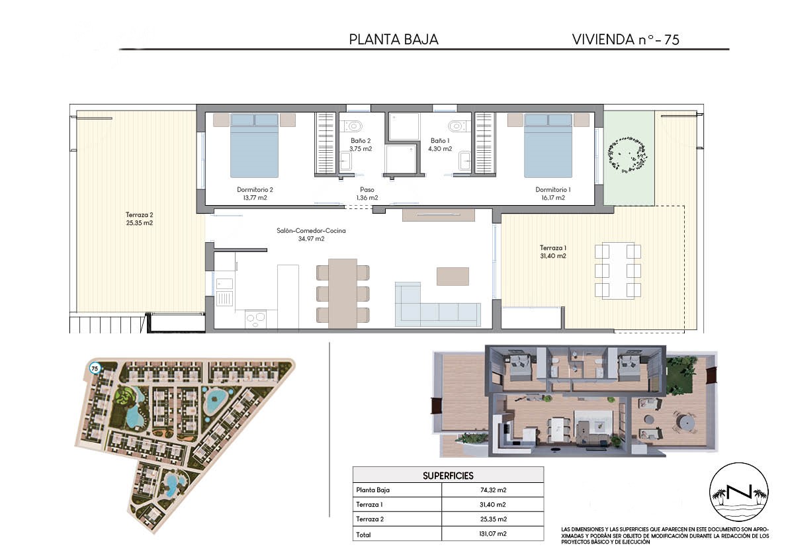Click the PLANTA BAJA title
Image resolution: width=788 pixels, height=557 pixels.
394,39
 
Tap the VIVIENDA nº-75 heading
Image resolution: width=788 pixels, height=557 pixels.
626,39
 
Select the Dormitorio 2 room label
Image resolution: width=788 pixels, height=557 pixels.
255,193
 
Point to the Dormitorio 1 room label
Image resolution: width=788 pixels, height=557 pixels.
553,193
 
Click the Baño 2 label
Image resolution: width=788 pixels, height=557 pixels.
361,145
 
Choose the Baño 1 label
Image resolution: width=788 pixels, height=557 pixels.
440,145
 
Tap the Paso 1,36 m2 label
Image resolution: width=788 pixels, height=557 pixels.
367,193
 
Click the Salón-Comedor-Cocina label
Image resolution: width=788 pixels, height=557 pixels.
311,235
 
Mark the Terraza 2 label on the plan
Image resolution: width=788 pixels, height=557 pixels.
139,218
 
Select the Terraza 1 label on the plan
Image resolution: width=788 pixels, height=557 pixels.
553,251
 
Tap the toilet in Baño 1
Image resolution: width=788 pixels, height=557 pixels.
457,124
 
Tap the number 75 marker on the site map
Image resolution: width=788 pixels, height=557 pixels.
95,368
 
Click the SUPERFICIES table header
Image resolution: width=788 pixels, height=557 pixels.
448,475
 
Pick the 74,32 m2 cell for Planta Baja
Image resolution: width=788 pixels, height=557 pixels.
493,490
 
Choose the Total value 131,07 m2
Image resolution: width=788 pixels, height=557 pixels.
493,534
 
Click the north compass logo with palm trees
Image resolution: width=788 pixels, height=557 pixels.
739,492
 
